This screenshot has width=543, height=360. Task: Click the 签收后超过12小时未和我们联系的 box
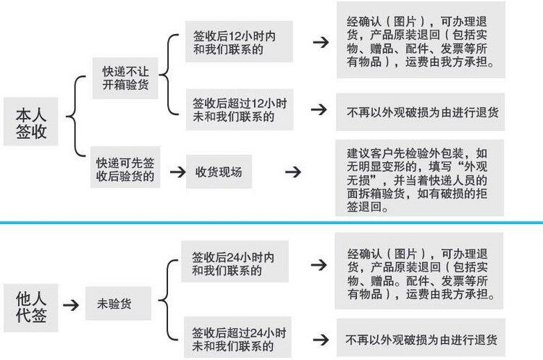[x=238, y=110]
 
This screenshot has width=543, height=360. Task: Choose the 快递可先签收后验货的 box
[x=125, y=170]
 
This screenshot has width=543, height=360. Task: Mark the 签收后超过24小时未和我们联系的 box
[x=238, y=339]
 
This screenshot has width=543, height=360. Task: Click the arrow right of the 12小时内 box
[x=319, y=43]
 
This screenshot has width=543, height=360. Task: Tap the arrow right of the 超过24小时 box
[x=319, y=338]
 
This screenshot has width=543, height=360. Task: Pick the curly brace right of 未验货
[x=168, y=301]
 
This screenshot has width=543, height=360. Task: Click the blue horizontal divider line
[x=271, y=222]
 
